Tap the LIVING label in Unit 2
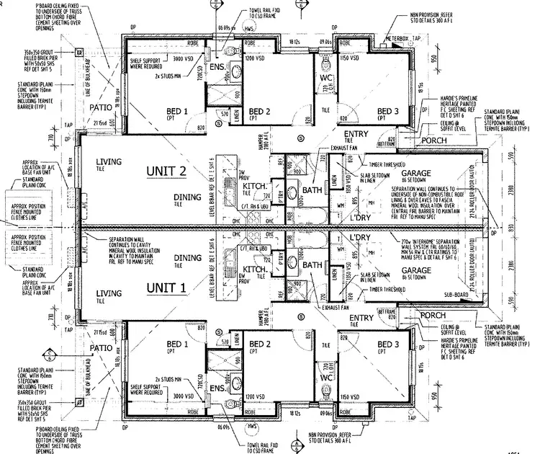[x=109, y=161]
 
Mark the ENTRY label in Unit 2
[x=356, y=135]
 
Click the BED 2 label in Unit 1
[x=259, y=344]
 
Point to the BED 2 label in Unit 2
[x=259, y=111]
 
